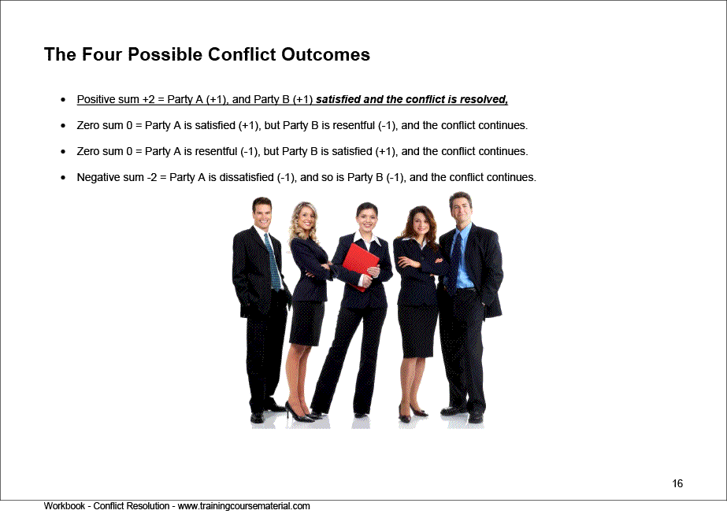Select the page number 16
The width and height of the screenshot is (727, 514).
[x=677, y=483]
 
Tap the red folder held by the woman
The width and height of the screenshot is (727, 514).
[x=361, y=264]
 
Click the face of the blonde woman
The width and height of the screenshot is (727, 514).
[x=304, y=216]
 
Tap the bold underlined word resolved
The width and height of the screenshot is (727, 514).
[x=488, y=99]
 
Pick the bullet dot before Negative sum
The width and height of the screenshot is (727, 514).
[x=63, y=178]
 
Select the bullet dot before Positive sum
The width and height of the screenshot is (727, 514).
[x=63, y=100]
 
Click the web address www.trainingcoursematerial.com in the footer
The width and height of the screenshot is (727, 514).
[x=244, y=506]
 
